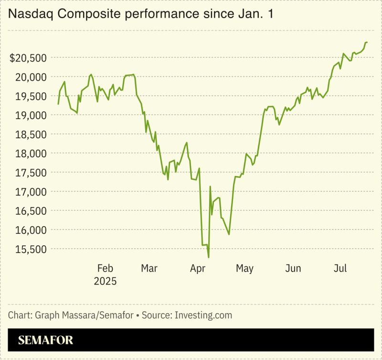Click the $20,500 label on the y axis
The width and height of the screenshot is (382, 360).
(29, 58)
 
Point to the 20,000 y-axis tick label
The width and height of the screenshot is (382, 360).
(31, 77)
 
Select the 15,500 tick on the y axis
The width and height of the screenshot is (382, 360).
(31, 249)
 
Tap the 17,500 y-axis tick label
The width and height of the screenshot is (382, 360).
(31, 173)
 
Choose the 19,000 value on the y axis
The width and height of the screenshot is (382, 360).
(31, 115)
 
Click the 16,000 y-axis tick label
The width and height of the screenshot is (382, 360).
(31, 230)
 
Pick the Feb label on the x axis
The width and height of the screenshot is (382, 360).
(105, 269)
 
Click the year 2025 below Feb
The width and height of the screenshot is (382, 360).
(105, 281)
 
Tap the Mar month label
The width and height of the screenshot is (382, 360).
(149, 269)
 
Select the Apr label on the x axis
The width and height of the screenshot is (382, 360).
(197, 269)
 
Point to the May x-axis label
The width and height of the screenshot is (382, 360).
(244, 269)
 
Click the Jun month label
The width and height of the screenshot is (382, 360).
(293, 269)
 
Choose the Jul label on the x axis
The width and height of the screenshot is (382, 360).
(340, 269)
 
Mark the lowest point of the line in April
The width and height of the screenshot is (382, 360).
(209, 258)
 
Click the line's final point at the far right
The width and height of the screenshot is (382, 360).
(367, 43)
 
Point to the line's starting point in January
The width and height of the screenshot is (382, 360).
(58, 104)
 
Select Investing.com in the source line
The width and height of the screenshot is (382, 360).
(203, 315)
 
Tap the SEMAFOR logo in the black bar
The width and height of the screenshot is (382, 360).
(46, 340)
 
